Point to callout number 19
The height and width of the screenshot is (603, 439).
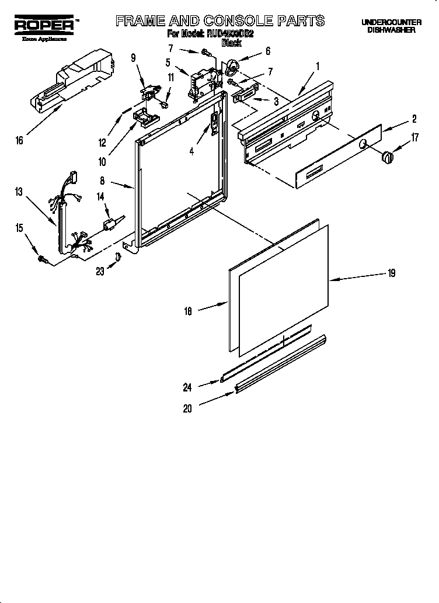click(x=392, y=272)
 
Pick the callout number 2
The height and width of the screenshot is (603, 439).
click(x=414, y=119)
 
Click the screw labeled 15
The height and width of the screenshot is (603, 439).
click(x=43, y=258)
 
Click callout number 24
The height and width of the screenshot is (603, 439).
click(x=188, y=386)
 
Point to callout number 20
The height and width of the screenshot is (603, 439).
click(x=187, y=409)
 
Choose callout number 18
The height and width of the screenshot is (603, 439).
click(x=188, y=313)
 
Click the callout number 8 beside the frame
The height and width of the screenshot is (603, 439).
click(x=102, y=182)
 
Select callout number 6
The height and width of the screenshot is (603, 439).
click(x=268, y=51)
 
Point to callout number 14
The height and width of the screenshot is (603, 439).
click(x=100, y=197)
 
